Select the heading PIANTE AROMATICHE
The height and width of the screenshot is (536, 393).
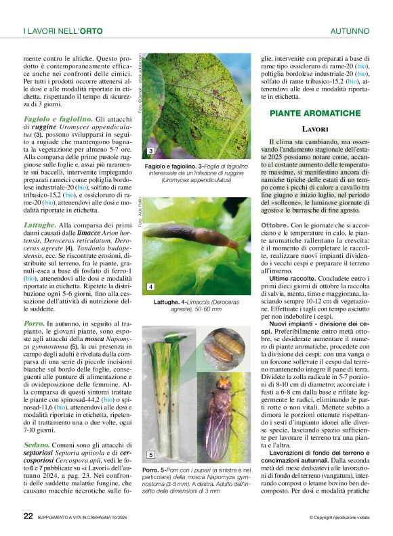tap(314, 113)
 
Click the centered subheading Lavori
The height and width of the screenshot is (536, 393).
tap(315, 129)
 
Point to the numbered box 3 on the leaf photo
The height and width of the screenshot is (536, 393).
tap(150, 151)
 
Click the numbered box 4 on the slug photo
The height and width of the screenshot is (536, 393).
tap(150, 287)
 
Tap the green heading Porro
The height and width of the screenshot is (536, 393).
tap(35, 324)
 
